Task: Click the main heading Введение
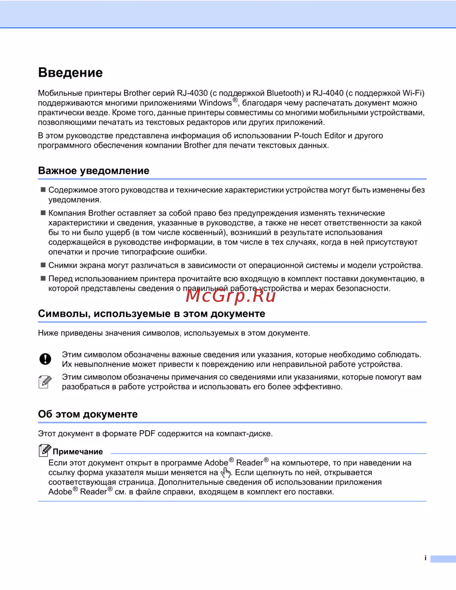(70, 72)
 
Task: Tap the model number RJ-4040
(328, 93)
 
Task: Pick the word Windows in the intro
(215, 103)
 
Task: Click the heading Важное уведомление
(93, 171)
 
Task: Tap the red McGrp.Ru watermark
(231, 295)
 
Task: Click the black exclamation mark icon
(45, 359)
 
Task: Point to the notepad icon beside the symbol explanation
(45, 382)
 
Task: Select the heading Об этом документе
(88, 414)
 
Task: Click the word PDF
(147, 434)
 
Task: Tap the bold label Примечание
(78, 452)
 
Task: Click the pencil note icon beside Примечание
(44, 450)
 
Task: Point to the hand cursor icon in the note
(226, 473)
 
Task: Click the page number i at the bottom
(425, 558)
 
